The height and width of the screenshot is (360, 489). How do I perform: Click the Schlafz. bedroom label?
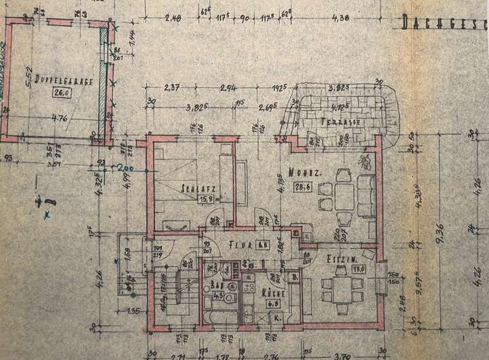coord(194,188)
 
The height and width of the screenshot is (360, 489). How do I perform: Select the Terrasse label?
coord(340,123)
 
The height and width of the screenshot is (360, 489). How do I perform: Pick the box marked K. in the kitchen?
coord(276,317)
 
